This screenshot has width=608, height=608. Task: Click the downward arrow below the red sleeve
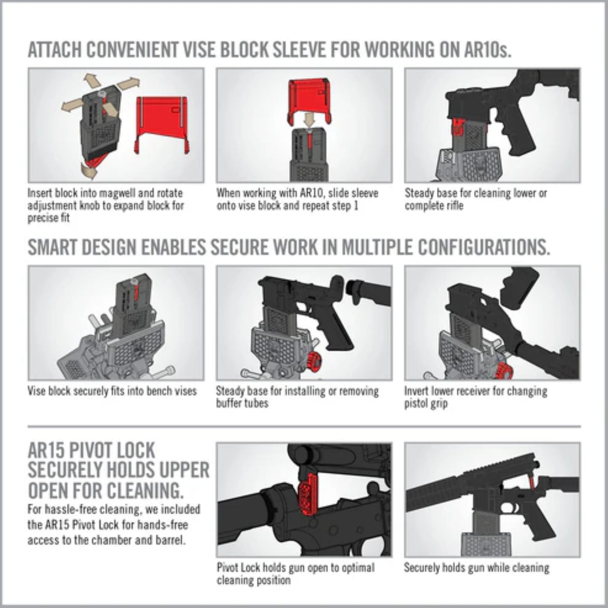(x=309, y=119)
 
